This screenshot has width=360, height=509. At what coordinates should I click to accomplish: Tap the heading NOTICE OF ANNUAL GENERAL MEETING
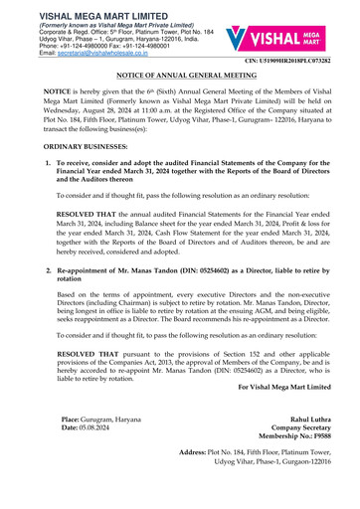point(179,88)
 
